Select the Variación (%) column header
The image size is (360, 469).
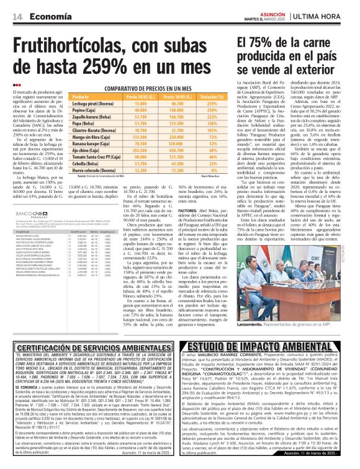click(x=200, y=97)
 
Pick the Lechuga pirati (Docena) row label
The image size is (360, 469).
click(x=92, y=105)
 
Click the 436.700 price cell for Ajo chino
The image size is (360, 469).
click(x=167, y=150)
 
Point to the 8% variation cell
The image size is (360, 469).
click(x=200, y=170)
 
